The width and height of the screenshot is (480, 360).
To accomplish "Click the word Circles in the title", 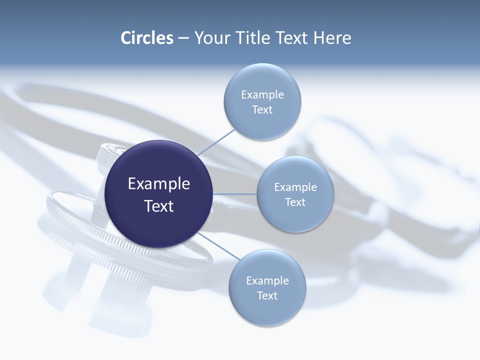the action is point(146,38).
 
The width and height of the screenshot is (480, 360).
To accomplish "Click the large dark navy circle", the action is point(159,220).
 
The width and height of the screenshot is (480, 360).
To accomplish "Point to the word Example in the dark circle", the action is point(159,184).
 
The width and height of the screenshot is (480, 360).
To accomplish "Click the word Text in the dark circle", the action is point(159,206).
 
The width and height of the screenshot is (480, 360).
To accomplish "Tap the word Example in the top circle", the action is point(262,95).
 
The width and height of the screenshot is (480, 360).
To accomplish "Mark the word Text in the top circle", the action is point(262,110).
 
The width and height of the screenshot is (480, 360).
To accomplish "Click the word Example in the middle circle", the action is point(295,187).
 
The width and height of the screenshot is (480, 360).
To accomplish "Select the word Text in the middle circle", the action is point(295,202).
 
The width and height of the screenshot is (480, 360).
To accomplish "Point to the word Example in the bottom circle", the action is point(267,281).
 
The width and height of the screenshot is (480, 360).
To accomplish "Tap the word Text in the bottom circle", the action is point(267,296).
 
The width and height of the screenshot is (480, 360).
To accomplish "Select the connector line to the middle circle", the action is point(235,194).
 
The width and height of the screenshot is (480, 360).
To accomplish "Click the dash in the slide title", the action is point(183,38).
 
